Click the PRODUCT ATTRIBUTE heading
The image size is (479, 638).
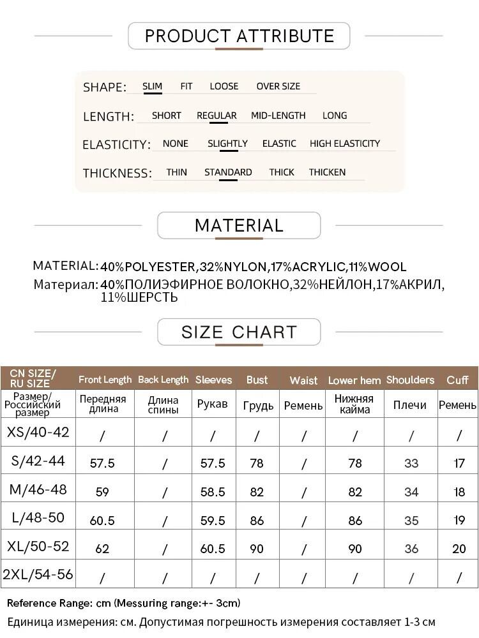(239, 36)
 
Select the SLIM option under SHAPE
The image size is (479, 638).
(152, 86)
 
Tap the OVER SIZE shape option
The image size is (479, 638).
(278, 86)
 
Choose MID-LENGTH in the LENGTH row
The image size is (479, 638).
(278, 115)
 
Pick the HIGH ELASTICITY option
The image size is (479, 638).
(344, 144)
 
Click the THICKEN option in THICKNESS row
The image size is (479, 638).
(327, 172)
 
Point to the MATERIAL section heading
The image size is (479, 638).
(239, 225)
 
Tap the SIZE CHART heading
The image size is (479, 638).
(239, 332)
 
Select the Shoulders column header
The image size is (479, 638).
(410, 380)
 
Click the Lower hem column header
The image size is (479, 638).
(354, 380)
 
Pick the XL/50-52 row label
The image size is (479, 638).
(38, 547)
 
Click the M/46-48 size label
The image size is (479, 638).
(38, 490)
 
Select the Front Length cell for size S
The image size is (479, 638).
(102, 463)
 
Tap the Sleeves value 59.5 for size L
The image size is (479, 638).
(213, 520)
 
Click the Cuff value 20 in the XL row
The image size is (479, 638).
(459, 549)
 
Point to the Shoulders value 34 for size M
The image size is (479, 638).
(411, 492)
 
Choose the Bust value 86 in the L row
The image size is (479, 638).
(257, 520)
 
